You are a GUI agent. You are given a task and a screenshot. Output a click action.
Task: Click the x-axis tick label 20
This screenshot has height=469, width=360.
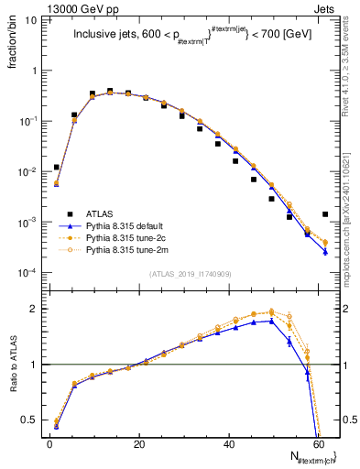pos(138,444)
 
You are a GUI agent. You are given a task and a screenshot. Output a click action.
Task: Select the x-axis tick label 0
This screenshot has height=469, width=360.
pos(50,444)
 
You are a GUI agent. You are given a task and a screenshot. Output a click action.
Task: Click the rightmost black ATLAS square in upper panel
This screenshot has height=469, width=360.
pos(325,214)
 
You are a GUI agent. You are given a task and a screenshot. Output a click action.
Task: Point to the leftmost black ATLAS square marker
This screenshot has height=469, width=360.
pos(57,168)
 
